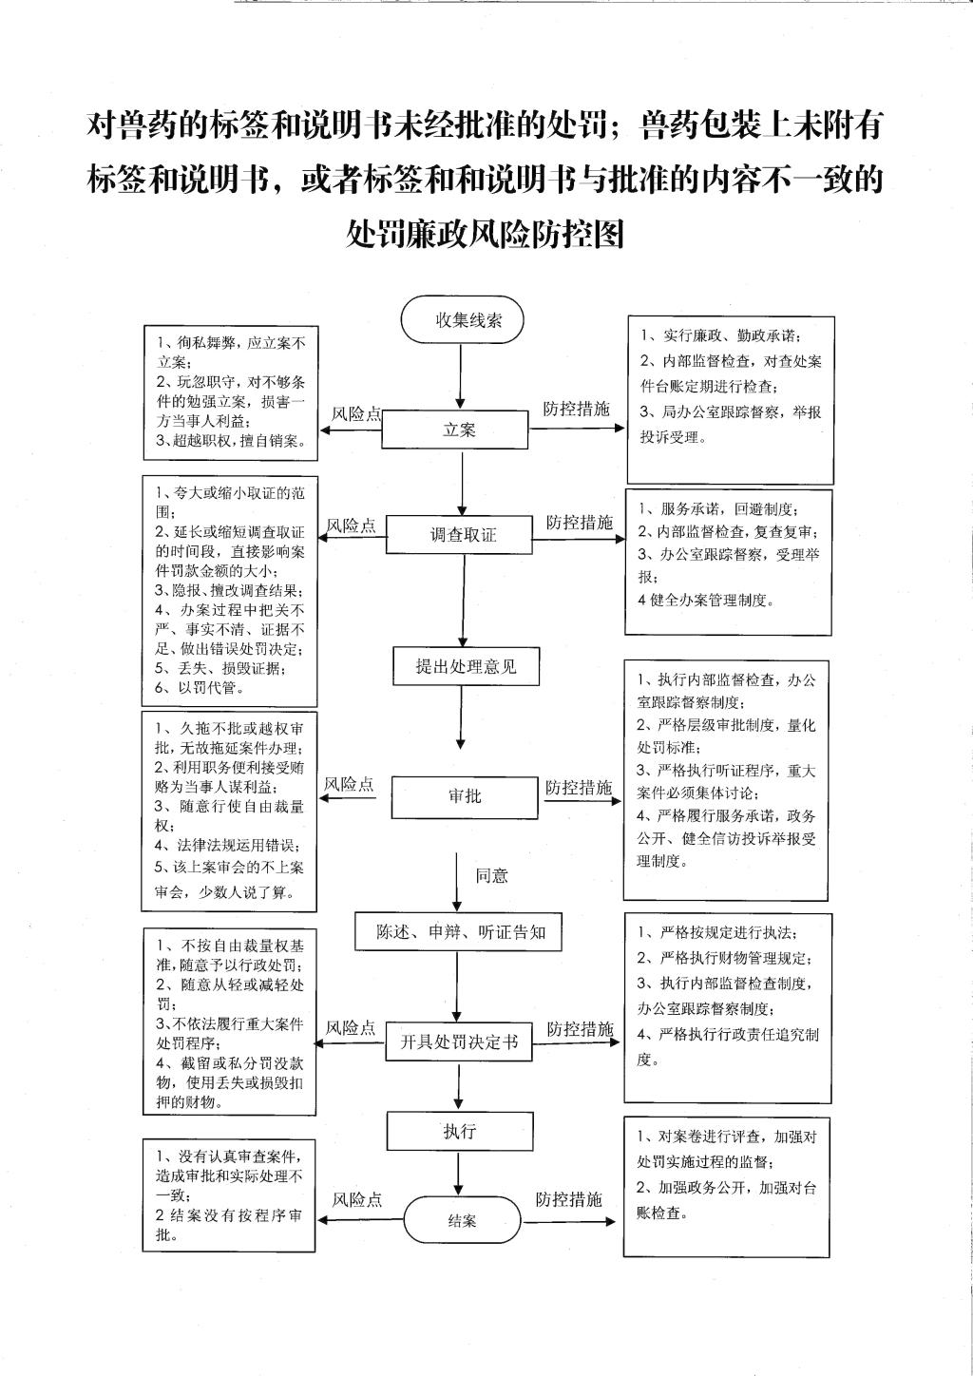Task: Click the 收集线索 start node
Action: coord(462,319)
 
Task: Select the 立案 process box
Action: coord(455,430)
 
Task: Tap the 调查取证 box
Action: coord(460,534)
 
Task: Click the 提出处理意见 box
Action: coord(467,666)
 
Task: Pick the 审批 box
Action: coord(465,796)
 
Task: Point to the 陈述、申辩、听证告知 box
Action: coord(458,932)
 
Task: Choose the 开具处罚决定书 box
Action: coord(459,1042)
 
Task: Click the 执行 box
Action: coord(460,1131)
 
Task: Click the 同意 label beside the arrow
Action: coord(492,875)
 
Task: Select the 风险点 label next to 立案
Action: coord(356,414)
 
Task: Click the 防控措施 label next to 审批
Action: coord(579,787)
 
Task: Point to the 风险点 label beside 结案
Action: coord(357,1198)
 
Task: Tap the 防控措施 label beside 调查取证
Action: coord(580,522)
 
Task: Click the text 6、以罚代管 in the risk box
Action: coord(199,687)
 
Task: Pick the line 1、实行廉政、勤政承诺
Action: coord(721,335)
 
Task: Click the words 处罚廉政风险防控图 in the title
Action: coord(485,233)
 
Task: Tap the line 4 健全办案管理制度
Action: coord(706,600)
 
